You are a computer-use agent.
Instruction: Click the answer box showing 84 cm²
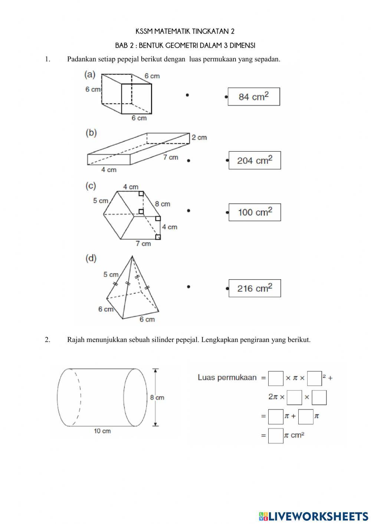[x=254, y=97]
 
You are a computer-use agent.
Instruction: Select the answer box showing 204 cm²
[x=255, y=160]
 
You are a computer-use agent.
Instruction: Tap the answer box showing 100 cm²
[x=255, y=212]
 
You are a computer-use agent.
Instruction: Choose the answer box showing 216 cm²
[x=255, y=288]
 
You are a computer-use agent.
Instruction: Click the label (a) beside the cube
[x=90, y=75]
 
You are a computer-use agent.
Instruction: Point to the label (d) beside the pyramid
[x=91, y=258]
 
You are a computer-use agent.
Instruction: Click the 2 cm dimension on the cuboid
[x=199, y=138]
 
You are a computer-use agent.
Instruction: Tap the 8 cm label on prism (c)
[x=162, y=204]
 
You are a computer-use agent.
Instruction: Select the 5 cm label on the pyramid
[x=111, y=274]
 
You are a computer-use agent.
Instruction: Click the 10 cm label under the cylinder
[x=102, y=431]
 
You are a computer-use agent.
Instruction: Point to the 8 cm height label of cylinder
[x=157, y=398]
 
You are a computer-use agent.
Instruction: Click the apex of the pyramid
[x=132, y=256]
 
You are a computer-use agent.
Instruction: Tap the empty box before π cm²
[x=276, y=436]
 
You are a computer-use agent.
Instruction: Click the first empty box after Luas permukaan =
[x=276, y=378]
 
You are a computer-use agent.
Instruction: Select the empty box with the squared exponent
[x=314, y=379]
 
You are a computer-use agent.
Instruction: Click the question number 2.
[x=47, y=340]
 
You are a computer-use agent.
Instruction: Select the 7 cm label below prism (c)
[x=143, y=244]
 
